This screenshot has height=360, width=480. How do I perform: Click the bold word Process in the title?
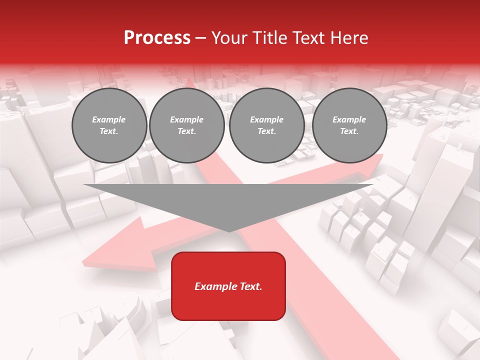coord(157,38)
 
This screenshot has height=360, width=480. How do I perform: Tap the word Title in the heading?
coord(268,38)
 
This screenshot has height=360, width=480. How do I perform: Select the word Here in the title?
coord(349,38)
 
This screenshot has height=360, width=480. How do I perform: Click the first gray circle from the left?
coord(109,125)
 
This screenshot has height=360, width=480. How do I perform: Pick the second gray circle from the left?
coord(186,125)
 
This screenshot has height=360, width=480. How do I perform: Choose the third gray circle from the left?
coord(266,125)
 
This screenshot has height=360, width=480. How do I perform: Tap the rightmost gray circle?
coord(349,125)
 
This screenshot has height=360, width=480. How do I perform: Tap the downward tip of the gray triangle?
coord(228,231)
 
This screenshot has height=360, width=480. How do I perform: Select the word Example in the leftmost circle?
coord(109,119)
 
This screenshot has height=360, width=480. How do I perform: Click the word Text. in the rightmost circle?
coord(349,131)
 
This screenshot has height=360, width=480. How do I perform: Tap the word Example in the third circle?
coord(266,119)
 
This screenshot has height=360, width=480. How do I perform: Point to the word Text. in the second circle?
coord(186,131)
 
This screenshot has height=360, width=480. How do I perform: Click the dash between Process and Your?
coord(200,38)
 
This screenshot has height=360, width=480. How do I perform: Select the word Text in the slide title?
coord(307,38)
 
